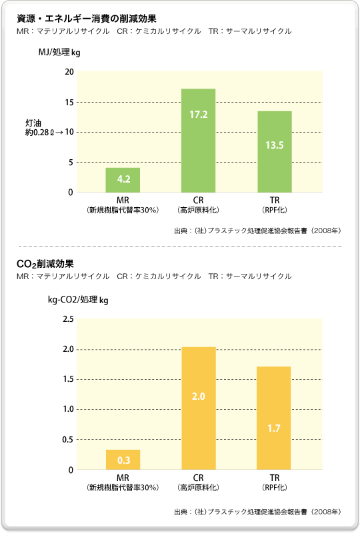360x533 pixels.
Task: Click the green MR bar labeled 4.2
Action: [x=123, y=180]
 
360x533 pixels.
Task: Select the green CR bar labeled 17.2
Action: [x=199, y=141]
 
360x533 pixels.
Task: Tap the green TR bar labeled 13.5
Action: [x=275, y=152]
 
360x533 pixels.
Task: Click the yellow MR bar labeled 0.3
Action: [x=123, y=460]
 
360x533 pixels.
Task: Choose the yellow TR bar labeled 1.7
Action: [x=275, y=418]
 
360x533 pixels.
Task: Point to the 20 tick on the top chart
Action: [x=69, y=72]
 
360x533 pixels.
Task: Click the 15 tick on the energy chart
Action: [x=69, y=102]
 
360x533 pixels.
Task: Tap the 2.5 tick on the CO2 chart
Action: [x=67, y=319]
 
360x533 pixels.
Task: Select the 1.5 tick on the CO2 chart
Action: [x=67, y=379]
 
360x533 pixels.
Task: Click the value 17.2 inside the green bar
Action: [x=199, y=115]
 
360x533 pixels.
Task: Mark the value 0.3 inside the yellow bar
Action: [x=123, y=460]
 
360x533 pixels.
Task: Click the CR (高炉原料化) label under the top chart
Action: [x=199, y=204]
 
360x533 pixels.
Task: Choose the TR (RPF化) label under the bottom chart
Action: [x=275, y=483]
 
